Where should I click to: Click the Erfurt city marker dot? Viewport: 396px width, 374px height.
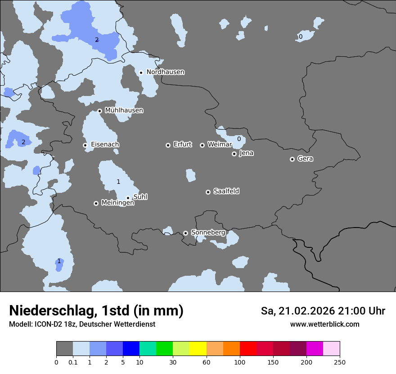point(168,145)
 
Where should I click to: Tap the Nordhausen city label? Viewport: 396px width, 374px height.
point(165,72)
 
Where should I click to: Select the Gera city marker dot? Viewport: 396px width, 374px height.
point(292,159)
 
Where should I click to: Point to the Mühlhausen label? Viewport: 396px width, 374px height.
point(124,110)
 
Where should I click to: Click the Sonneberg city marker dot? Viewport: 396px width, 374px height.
point(185,233)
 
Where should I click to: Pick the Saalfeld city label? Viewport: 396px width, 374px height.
point(226,192)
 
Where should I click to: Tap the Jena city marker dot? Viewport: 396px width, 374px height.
point(234,154)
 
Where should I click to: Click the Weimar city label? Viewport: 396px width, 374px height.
point(220,145)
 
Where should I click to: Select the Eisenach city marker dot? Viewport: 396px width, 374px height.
point(85,145)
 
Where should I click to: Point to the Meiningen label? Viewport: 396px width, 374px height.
point(117,203)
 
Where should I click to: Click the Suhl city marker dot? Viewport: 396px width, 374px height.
point(128,198)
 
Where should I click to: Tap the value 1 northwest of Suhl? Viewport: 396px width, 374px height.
point(118,182)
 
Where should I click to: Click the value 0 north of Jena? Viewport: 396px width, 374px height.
point(239,139)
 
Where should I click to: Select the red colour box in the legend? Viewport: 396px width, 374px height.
point(248,349)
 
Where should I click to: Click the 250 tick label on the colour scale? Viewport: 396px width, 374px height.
point(340,362)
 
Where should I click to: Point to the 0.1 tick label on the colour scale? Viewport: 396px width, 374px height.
point(73,362)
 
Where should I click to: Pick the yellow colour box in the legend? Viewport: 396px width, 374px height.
point(198,349)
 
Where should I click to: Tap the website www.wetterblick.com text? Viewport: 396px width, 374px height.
point(324,324)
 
